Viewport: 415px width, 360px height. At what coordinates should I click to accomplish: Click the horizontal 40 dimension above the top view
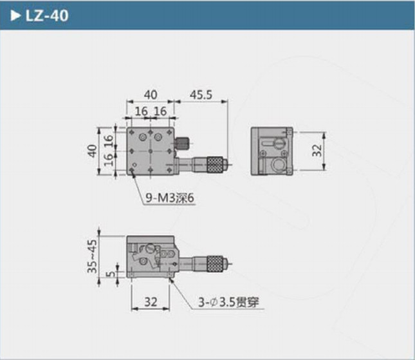[x=149, y=95]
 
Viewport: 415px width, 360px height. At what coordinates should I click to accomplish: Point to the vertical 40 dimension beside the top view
[x=92, y=151]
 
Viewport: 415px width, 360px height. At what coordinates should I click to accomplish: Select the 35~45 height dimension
[x=92, y=256]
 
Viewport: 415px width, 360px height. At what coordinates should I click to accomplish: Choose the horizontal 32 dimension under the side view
[x=150, y=300]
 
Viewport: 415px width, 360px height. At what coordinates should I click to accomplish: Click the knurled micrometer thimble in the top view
[x=217, y=165]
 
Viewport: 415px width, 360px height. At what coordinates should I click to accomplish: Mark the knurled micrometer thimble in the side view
[x=216, y=263]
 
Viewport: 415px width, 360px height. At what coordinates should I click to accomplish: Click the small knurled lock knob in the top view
[x=183, y=143]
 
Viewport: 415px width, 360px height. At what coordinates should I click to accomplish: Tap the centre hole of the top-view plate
[x=149, y=151]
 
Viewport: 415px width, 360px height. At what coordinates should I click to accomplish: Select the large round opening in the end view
[x=279, y=164]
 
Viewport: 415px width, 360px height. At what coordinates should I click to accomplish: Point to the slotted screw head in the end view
[x=278, y=141]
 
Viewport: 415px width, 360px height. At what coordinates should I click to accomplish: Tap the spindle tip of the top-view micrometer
[x=230, y=165]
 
